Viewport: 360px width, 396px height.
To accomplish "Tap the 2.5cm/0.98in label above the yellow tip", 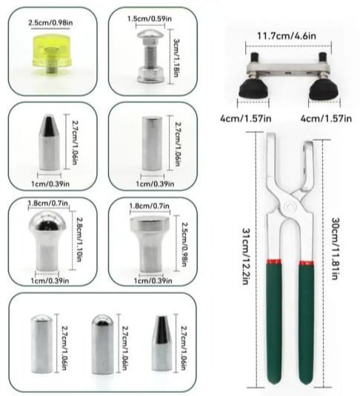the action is [50, 23].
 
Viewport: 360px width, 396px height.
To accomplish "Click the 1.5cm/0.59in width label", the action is [150, 19].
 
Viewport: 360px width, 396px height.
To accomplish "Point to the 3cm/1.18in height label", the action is [176, 58].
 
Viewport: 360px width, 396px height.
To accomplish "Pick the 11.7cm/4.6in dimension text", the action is [287, 36].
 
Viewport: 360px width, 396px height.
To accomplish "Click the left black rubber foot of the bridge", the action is [254, 90].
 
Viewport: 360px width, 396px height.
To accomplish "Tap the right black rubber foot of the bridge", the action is [324, 90].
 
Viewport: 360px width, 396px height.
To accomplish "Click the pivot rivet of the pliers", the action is [290, 207].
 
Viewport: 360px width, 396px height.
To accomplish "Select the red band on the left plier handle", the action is [274, 261].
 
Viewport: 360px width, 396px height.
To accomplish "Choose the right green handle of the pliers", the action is [307, 324].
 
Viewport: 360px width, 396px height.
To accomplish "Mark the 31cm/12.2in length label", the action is [246, 256].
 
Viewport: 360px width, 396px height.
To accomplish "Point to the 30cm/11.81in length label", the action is [335, 248].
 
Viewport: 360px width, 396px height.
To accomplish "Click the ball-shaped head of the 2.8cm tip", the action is [47, 222].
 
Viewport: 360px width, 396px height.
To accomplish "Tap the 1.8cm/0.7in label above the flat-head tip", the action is [149, 206].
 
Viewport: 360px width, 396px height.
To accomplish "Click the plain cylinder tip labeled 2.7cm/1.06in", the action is [152, 144].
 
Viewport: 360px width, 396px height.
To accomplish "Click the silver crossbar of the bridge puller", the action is [289, 69].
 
